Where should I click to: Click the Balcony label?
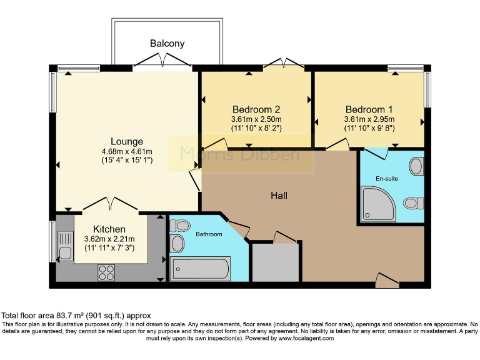pos(167,44)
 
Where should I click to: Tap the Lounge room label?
pos(127,141)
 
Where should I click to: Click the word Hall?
pos(279,196)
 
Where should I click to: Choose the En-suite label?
pos(387,178)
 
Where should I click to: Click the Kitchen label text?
pos(109,229)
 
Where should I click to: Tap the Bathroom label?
pos(209,234)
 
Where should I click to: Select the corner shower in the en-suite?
pos(379,204)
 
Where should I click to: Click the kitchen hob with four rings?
pos(106,272)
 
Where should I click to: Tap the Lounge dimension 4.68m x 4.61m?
pos(127,151)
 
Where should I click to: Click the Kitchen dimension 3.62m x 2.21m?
pos(109,239)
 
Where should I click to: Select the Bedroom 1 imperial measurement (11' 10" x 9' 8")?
pos(369,128)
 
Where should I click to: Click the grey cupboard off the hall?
pos(275,262)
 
